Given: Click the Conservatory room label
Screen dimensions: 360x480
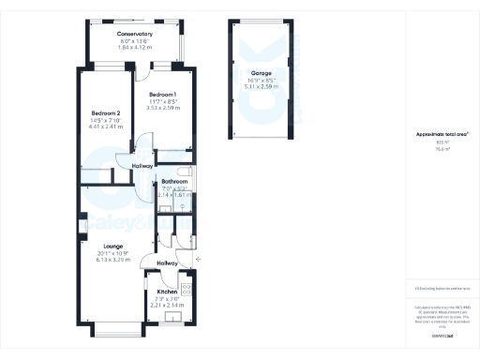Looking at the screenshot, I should coord(135,34).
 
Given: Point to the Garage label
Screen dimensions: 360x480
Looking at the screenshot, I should coord(261,73).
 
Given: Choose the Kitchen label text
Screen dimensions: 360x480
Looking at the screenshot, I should coord(168,292).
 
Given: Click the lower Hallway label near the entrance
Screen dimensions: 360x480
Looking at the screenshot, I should coord(168,263).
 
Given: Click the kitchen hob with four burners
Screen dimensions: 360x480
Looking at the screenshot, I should coord(186,288).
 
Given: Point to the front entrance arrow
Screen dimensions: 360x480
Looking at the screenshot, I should coord(197,257).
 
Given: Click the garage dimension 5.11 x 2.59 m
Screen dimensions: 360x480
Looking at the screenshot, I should coord(261,86).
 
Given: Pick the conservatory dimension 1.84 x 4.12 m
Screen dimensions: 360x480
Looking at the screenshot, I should coord(135,47).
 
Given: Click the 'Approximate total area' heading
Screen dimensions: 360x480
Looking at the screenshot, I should coord(435,135).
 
